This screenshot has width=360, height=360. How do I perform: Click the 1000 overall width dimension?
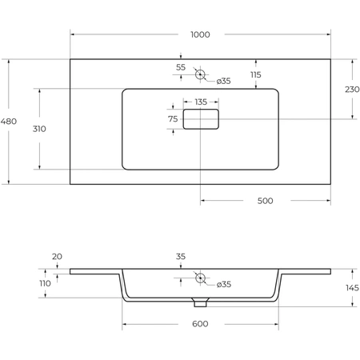200,34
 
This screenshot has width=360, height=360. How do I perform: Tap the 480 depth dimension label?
9,122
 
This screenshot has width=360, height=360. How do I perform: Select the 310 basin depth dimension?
39,129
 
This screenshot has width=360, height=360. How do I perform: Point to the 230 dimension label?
352,90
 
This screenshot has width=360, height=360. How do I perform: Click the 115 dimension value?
256,75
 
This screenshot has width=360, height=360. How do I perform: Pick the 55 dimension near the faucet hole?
181,67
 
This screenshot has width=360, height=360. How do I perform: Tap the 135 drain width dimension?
201,102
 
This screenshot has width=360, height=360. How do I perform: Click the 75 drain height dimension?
173,119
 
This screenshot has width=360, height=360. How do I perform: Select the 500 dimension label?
266,201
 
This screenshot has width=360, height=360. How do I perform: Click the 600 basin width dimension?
200,324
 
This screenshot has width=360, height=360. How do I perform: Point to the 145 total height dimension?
352,288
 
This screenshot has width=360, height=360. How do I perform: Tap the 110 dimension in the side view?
45,283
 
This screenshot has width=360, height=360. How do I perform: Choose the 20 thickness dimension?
57,257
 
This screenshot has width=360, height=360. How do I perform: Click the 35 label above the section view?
181,257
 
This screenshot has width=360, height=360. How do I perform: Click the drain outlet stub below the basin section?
200,303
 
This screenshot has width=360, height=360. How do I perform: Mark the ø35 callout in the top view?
223,81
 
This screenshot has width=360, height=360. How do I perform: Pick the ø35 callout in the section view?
224,285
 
